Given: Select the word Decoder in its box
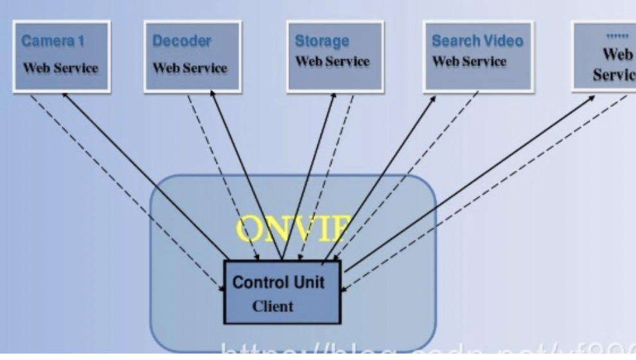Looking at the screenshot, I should pos(182,41).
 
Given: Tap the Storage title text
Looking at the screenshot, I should pos(321,41).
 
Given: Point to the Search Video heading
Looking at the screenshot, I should pos(477,41).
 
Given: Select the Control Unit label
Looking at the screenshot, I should pos(278,282).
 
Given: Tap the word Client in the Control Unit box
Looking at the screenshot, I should pos(272,306).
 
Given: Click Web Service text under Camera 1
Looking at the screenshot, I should pos(61,67).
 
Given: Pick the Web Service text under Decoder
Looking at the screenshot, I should pos(190,67).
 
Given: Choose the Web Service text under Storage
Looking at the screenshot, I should pos(332,62).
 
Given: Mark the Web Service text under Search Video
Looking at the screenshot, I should pos(469,62).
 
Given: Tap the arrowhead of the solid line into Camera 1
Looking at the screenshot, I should pos(64,95).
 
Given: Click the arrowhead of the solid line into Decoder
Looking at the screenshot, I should pos(211,95).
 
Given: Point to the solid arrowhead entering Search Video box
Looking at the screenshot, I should pos(434,98).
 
